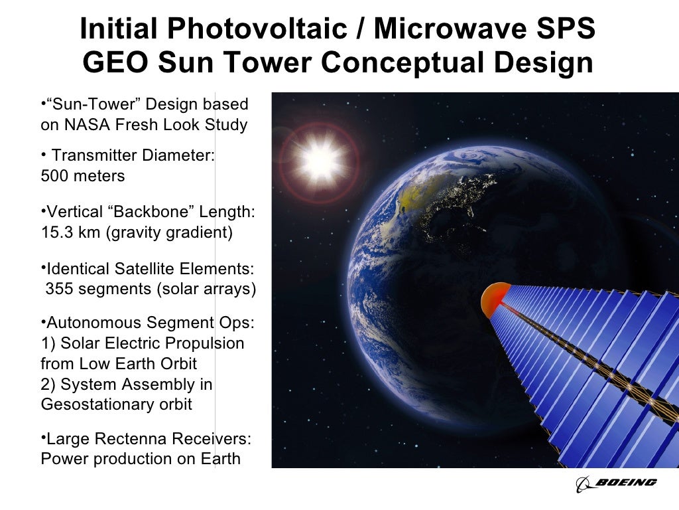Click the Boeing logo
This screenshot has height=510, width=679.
point(616,483)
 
